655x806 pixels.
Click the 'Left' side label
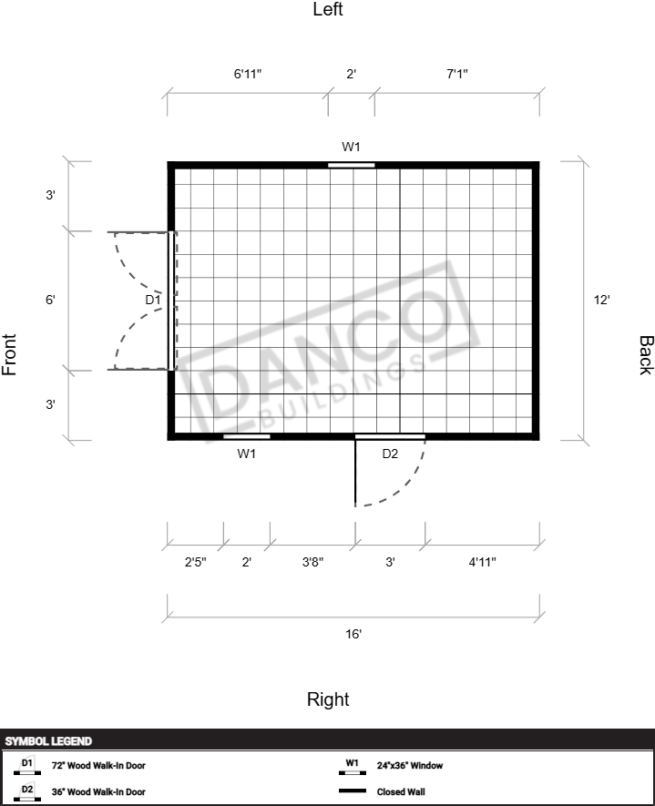point(328,9)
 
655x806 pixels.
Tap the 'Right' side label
point(328,699)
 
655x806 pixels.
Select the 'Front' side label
point(9,354)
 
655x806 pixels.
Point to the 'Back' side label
point(646,355)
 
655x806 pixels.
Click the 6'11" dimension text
point(248,74)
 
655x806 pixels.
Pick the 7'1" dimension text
point(457,74)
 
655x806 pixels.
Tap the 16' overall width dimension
point(353,634)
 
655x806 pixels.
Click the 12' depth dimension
point(601,300)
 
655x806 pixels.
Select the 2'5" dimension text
point(195,562)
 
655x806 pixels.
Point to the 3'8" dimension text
point(312,562)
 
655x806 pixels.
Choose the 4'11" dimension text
point(482,562)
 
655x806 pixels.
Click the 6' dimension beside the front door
point(50,300)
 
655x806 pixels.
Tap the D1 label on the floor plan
point(153,300)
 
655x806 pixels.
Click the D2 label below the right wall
point(390,454)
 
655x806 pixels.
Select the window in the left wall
point(352,165)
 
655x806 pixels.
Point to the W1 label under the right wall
point(246,454)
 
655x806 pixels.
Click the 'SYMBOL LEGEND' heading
point(48,741)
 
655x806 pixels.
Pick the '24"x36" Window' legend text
point(410,765)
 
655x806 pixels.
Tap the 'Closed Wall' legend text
point(401,791)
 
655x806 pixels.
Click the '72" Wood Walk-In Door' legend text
point(98,765)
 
